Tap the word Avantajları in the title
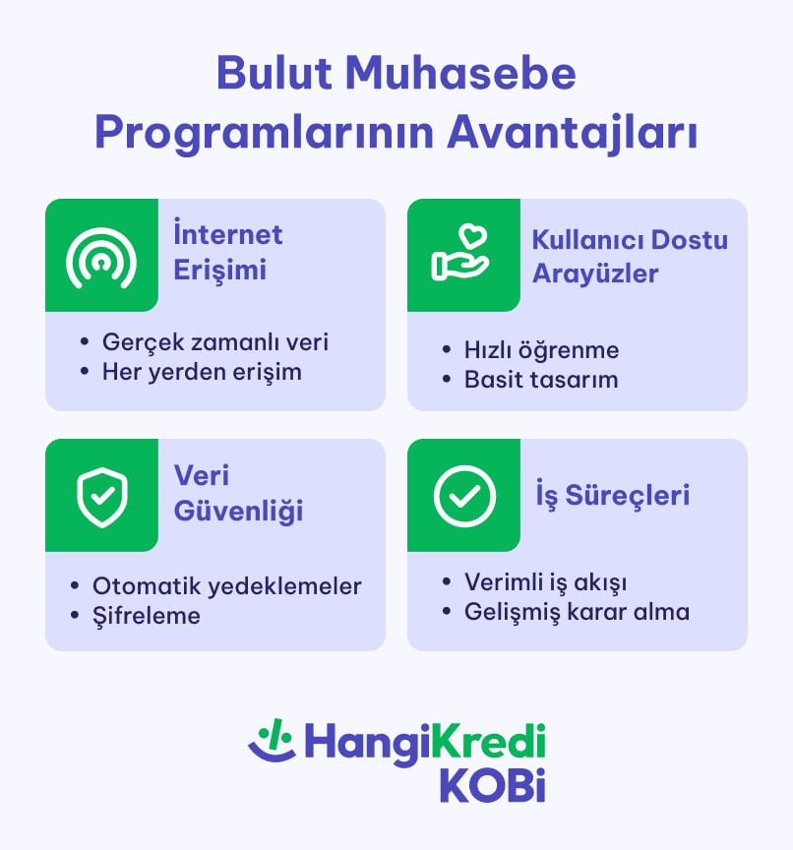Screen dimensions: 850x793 (x=573, y=134)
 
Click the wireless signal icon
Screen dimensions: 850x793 (x=101, y=256)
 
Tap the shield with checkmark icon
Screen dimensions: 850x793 (x=101, y=496)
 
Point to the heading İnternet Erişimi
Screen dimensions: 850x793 (x=227, y=253)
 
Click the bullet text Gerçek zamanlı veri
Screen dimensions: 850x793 (x=214, y=341)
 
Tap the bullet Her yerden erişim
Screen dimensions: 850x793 (x=202, y=372)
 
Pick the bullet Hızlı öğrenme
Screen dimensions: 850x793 (x=541, y=349)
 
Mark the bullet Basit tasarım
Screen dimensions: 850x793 (x=541, y=379)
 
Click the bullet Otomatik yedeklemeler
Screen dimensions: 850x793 (x=226, y=585)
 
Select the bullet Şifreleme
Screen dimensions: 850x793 (x=147, y=615)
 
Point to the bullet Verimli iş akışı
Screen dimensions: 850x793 (x=545, y=581)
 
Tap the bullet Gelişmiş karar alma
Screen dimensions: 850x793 (x=577, y=611)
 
